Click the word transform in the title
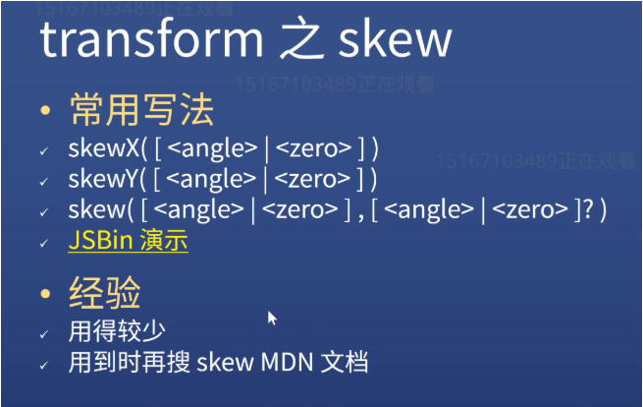pos(151,39)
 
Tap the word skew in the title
pos(396,39)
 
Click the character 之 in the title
pos(300,38)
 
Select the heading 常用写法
pos(141,109)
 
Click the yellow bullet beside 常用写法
pos(45,110)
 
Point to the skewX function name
pos(104,147)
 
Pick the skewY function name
pos(103,179)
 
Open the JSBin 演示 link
pos(128,240)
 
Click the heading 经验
pos(105,292)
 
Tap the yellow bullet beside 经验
pos(45,293)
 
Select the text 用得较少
pos(117,330)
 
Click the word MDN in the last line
pos(287,362)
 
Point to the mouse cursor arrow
pos(272,319)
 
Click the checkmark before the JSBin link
pos(44,243)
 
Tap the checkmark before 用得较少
pos(44,334)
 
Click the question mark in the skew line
pos(588,209)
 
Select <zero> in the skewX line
pos(314,147)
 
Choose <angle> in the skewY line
pos(211,180)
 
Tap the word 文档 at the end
pos(344,362)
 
